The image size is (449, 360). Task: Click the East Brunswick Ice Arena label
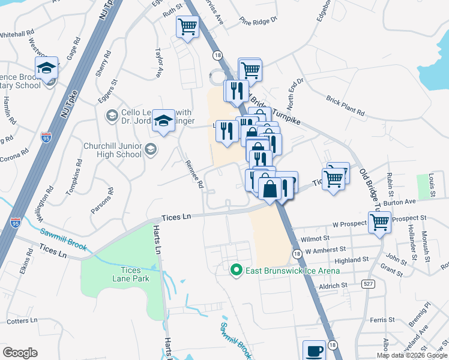(292, 271)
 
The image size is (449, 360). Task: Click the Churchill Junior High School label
(113, 150)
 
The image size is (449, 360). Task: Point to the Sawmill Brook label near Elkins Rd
(64, 240)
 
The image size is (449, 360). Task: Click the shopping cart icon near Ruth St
(187, 27)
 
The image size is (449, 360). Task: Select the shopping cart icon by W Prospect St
(379, 222)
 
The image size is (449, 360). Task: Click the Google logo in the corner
(20, 352)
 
